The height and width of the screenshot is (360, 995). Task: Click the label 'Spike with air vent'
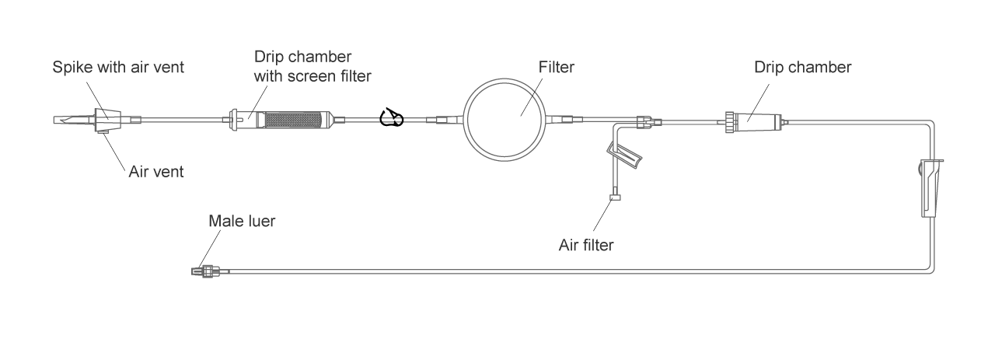[x=117, y=67]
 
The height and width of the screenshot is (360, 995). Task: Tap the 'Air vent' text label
[x=155, y=171]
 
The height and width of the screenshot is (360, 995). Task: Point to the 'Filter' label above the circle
[x=557, y=68]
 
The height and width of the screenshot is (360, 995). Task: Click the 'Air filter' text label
[x=586, y=245]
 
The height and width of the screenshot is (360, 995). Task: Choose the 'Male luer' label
[x=242, y=221]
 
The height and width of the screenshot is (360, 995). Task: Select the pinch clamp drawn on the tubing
[x=391, y=118]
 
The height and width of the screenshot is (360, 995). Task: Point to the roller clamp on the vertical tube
[x=930, y=187]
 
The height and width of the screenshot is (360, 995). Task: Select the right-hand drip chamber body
[x=759, y=121]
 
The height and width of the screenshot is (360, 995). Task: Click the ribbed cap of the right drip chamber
[x=729, y=121]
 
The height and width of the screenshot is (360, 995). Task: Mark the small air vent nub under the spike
[x=103, y=133]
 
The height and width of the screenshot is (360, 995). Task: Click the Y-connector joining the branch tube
[x=642, y=121]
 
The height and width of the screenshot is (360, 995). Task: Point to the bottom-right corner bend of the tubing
[x=930, y=268]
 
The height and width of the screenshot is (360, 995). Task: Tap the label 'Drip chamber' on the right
[x=803, y=67]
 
